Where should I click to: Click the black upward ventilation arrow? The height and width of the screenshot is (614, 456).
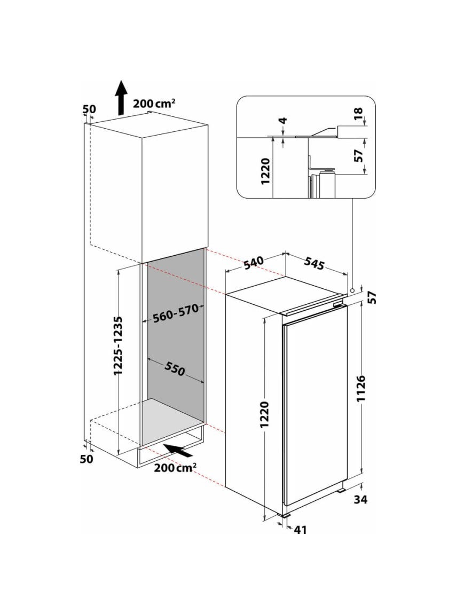122,98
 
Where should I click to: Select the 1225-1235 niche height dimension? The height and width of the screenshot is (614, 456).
119,346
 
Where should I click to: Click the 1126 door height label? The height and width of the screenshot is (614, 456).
361,388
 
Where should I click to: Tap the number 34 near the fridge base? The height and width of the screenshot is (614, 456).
360,499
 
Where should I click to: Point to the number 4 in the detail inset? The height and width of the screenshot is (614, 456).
284,120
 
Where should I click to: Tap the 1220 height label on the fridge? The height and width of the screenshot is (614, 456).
265,414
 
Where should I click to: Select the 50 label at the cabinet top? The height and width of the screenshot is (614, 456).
89,109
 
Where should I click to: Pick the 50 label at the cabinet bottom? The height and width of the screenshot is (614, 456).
87,459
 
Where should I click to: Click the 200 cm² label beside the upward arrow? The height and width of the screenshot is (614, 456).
154,104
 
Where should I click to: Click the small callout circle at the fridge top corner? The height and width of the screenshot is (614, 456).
352,290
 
